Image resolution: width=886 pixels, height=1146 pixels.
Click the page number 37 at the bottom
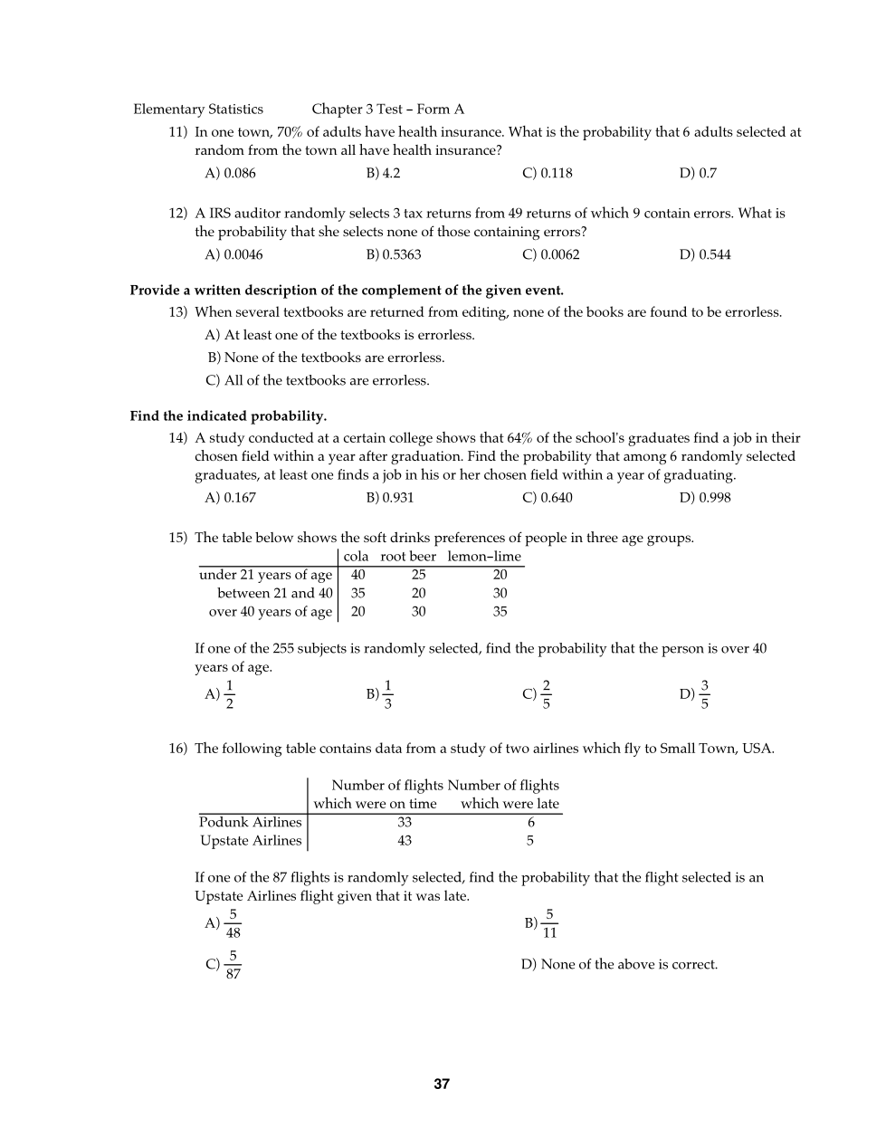click(x=442, y=1084)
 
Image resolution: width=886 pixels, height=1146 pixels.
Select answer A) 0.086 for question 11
click(x=231, y=173)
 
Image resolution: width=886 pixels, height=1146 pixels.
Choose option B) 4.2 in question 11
click(x=384, y=173)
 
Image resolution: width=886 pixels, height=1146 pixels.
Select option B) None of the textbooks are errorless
click(x=327, y=358)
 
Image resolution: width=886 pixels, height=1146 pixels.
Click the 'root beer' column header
click(x=408, y=557)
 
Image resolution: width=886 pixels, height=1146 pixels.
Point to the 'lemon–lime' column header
click(x=484, y=557)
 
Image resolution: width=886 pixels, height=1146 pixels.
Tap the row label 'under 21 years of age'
click(x=266, y=575)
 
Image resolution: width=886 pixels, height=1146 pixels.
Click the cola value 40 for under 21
click(x=358, y=575)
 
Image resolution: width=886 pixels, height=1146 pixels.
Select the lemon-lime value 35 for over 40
click(x=500, y=611)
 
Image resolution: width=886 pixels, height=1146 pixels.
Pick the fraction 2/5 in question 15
click(x=546, y=694)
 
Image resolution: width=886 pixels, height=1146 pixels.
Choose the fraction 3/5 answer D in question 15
click(x=704, y=694)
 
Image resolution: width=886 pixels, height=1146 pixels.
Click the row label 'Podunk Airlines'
click(x=251, y=822)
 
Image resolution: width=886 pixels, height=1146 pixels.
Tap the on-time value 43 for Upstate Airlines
click(x=405, y=840)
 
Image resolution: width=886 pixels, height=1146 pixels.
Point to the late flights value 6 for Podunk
click(x=531, y=822)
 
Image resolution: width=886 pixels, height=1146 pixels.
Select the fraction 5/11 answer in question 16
click(x=549, y=923)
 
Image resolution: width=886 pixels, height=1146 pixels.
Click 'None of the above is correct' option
click(x=620, y=964)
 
